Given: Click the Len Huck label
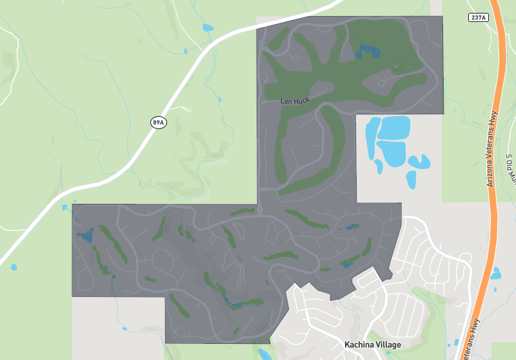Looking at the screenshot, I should click(x=296, y=101).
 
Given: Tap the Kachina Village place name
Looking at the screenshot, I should click(x=373, y=345).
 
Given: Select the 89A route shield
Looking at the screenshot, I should click(x=159, y=122).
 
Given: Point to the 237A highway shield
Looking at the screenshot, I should click(x=479, y=17).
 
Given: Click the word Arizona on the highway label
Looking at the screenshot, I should click(x=490, y=174).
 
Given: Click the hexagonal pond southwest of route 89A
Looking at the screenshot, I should click(x=14, y=267).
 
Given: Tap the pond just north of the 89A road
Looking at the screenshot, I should click(x=207, y=28).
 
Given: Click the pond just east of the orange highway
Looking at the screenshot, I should click(x=495, y=274).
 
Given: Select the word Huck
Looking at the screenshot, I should click(x=302, y=101).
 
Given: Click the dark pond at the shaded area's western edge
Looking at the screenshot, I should click(x=84, y=234).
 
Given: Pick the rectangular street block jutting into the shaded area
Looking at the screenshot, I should click(x=367, y=281).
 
